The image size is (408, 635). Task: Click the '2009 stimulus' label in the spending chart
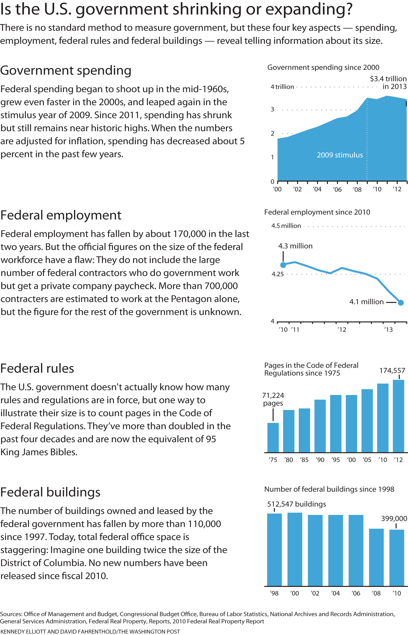pyautogui.click(x=340, y=155)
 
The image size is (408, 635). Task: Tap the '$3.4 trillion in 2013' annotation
pyautogui.click(x=388, y=83)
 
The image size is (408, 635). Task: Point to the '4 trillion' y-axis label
pyautogui.click(x=282, y=87)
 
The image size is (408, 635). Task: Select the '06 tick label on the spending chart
pyautogui.click(x=337, y=189)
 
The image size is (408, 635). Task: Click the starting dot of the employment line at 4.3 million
pyautogui.click(x=283, y=265)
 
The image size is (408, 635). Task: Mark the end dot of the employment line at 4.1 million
pyautogui.click(x=401, y=302)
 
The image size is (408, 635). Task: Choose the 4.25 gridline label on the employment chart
pyautogui.click(x=277, y=274)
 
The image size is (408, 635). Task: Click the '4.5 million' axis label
pyautogui.click(x=286, y=226)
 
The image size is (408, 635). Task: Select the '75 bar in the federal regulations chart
pyautogui.click(x=273, y=438)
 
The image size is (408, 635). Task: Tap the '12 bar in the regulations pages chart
pyautogui.click(x=399, y=416)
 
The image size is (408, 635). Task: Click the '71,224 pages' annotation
pyautogui.click(x=273, y=399)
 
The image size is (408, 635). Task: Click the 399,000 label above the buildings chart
pyautogui.click(x=394, y=518)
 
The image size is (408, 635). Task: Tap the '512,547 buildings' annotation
pyautogui.click(x=296, y=504)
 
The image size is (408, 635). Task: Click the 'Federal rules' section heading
pyautogui.click(x=37, y=368)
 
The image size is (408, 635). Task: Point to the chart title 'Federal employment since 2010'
pyautogui.click(x=317, y=212)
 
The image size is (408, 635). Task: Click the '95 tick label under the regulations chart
pyautogui.click(x=336, y=460)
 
